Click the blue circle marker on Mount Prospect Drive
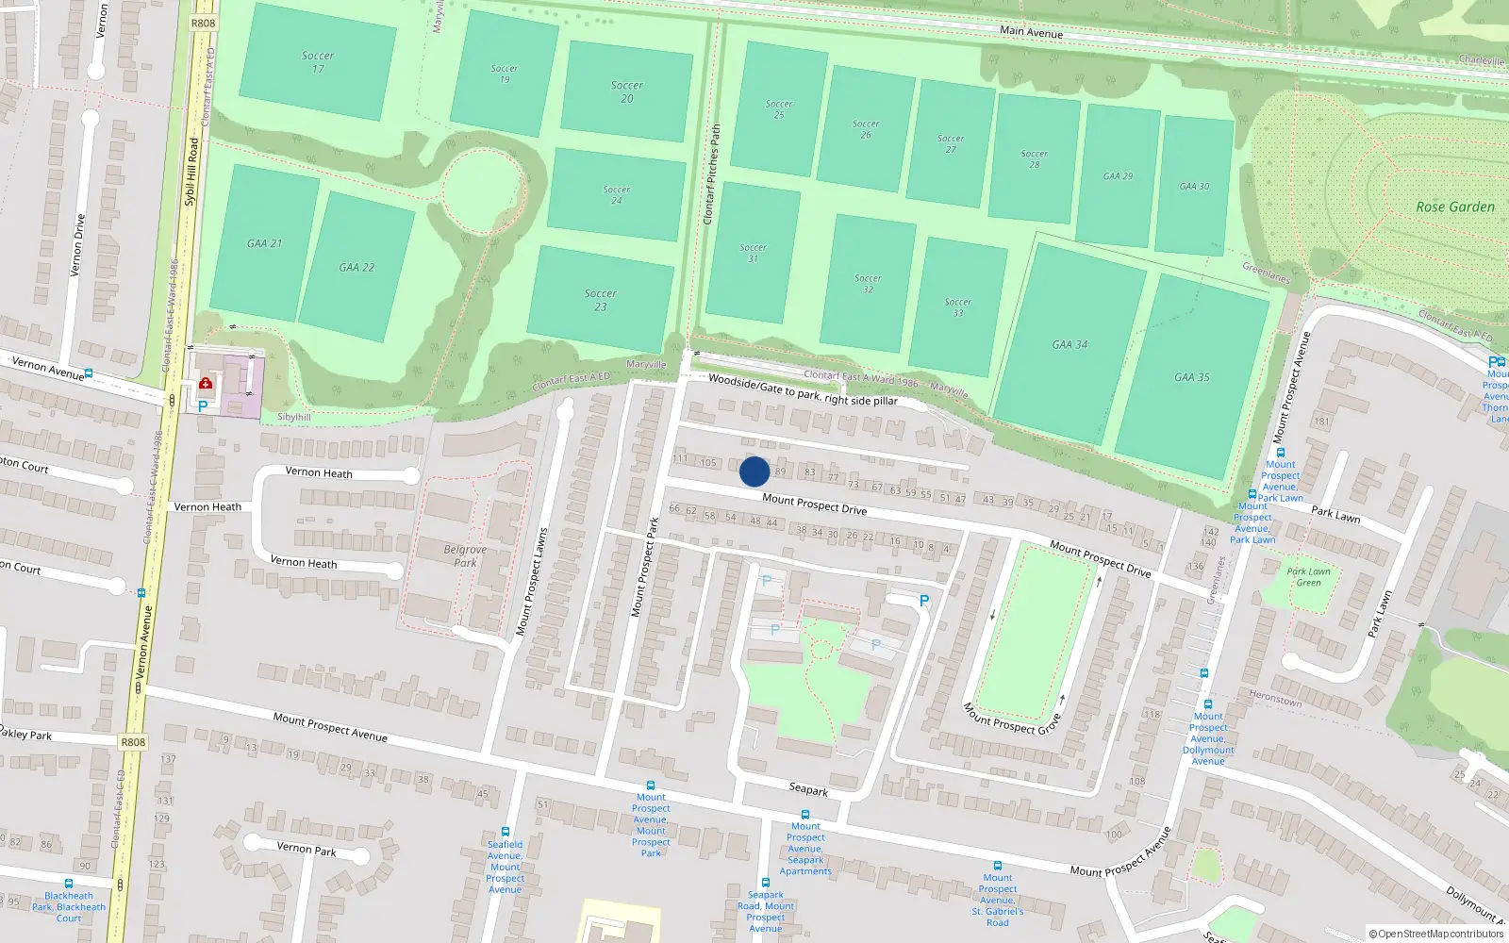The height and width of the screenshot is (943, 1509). coord(754,471)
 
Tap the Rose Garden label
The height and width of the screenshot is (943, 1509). coord(1454,207)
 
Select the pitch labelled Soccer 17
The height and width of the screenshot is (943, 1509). coord(318,62)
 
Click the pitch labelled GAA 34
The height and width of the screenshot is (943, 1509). coord(1070,345)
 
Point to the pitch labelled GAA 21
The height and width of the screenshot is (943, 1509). coord(264,243)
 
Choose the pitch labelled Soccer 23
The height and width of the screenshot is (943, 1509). coord(601,300)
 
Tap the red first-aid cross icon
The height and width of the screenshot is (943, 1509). coord(206,384)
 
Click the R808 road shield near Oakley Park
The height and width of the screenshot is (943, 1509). coord(133,742)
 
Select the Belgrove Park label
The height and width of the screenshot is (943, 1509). coord(465,556)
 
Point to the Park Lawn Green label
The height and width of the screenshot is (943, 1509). coord(1308,577)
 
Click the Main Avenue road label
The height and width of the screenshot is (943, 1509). coord(1031,32)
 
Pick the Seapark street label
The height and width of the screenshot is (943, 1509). coord(808,790)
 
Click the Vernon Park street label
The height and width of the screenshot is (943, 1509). coord(306,849)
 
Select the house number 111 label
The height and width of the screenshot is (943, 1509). coord(680,459)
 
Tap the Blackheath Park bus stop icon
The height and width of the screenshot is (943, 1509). coord(69,884)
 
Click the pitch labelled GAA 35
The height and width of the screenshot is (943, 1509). coord(1192,377)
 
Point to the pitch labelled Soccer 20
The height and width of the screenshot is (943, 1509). coord(627,91)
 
